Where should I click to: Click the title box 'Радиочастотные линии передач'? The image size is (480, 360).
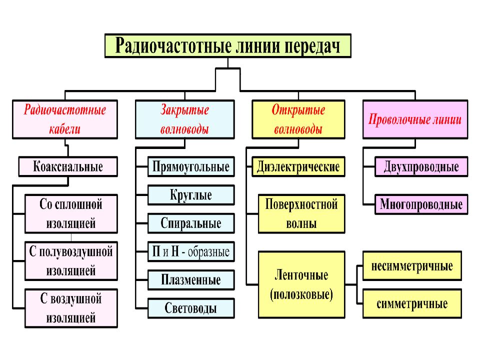[228, 46]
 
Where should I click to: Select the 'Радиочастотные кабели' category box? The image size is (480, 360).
[65, 119]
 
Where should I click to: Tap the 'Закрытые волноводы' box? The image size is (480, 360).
[185, 119]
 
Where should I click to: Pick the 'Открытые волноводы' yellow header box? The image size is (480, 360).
[298, 119]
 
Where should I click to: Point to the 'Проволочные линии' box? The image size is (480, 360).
[415, 119]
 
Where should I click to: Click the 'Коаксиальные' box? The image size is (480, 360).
[68, 167]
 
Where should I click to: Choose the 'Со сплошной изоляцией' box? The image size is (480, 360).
[71, 214]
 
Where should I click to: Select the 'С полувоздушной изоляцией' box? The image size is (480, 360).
[71, 261]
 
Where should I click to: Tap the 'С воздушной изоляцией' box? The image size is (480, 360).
[71, 308]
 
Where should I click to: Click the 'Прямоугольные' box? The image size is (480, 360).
[191, 167]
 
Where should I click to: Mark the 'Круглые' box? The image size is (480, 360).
[191, 195]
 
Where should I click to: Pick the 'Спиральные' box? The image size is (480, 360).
[191, 223]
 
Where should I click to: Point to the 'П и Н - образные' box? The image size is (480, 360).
[191, 251]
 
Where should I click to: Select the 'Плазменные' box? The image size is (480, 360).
[191, 280]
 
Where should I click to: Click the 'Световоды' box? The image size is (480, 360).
[191, 308]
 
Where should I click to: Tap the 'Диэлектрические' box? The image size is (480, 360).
[298, 167]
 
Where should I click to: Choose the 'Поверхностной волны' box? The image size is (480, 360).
[301, 214]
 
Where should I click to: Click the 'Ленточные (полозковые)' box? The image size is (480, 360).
[301, 284]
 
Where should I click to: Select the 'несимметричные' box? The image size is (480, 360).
[412, 265]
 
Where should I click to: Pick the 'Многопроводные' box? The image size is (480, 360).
[421, 204]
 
